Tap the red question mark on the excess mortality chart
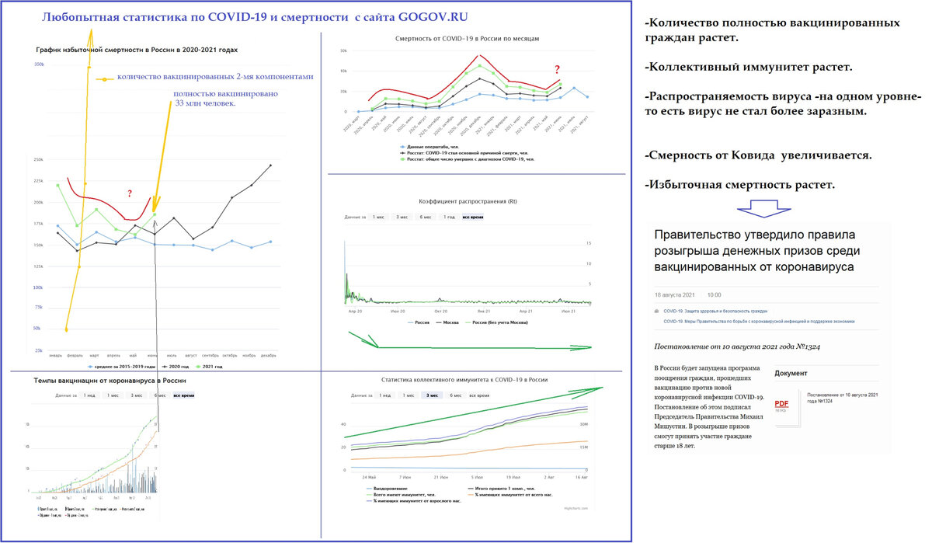click(x=130, y=193)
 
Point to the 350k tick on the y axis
click(x=39, y=64)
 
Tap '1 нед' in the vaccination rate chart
click(x=89, y=396)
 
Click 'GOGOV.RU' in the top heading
click(x=431, y=16)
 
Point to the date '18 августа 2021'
click(x=675, y=295)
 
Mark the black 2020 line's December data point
click(x=270, y=165)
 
